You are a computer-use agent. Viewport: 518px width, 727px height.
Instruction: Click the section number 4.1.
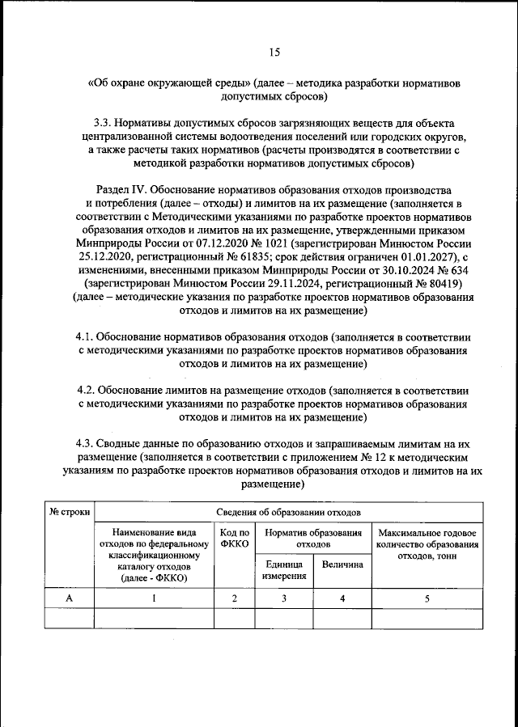85,336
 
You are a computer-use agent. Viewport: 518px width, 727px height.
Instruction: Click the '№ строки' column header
69,512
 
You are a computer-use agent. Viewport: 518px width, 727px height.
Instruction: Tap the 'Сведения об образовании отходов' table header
288,512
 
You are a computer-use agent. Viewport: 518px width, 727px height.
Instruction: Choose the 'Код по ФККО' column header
234,539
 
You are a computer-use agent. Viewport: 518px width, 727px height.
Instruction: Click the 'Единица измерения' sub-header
283,570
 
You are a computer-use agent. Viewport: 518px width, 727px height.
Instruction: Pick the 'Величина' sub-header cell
342,564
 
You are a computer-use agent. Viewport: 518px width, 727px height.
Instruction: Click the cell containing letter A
69,598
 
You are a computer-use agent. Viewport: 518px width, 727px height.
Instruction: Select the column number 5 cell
426,598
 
